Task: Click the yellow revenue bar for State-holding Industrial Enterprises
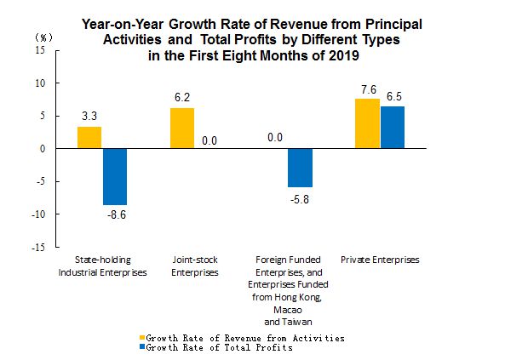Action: click(89, 138)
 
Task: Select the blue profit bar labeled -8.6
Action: click(115, 177)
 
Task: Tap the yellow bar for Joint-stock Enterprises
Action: click(182, 129)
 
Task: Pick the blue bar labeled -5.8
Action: click(300, 168)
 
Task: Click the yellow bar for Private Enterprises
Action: click(368, 123)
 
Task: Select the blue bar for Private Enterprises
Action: click(393, 127)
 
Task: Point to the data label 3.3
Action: click(89, 116)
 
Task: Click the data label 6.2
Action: click(182, 97)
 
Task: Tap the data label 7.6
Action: click(369, 89)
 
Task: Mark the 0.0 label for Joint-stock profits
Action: click(209, 140)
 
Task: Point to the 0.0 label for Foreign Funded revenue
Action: click(275, 138)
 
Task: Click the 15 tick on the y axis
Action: click(40, 50)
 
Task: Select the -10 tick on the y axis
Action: click(38, 214)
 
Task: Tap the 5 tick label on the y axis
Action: click(43, 116)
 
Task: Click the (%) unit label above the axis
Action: click(43, 37)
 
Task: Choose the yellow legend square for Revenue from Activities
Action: click(142, 338)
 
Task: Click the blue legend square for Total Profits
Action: click(142, 346)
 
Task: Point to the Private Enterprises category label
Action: click(380, 260)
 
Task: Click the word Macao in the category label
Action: click(288, 310)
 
